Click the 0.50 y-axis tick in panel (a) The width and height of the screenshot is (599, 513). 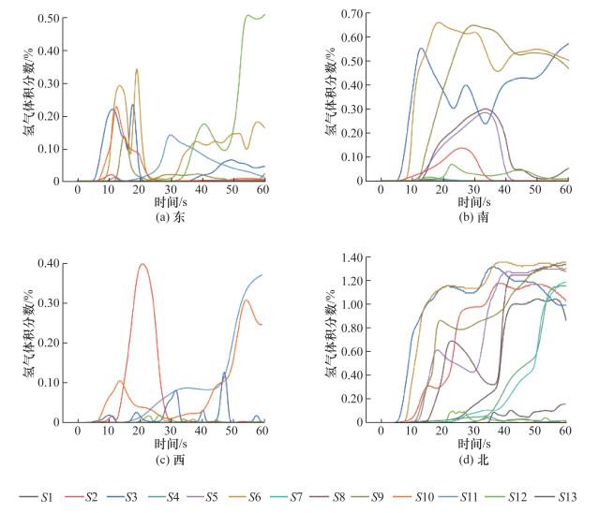click(x=49, y=19)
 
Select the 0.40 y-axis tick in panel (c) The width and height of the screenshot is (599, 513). click(x=49, y=263)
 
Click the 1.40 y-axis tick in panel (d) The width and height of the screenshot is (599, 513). click(x=352, y=257)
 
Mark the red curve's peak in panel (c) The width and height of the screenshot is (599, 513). click(x=142, y=264)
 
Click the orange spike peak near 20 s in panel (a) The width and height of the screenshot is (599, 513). click(x=137, y=69)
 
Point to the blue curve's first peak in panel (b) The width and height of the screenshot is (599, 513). click(x=421, y=49)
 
